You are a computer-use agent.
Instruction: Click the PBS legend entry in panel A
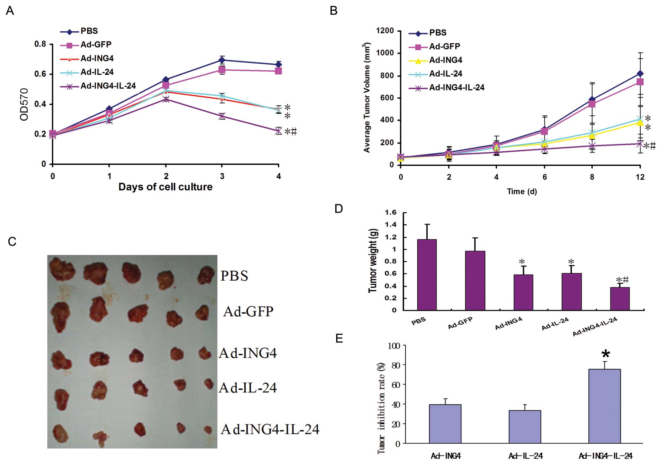[89, 31]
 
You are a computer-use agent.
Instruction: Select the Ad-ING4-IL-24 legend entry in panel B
[457, 88]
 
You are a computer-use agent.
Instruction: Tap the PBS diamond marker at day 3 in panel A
[222, 60]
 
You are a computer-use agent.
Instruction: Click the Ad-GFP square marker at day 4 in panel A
[278, 71]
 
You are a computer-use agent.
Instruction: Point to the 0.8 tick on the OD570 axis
[40, 44]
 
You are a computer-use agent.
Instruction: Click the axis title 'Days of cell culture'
[165, 187]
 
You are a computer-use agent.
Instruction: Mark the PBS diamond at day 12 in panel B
[640, 74]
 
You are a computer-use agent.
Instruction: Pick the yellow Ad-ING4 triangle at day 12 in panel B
[640, 123]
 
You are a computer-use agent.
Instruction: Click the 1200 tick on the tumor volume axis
[385, 31]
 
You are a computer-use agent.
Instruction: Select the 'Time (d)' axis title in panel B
[522, 191]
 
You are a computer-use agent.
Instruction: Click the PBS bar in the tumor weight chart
[427, 274]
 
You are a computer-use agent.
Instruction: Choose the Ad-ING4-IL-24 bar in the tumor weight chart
[620, 298]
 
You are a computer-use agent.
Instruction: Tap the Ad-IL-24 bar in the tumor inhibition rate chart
[525, 427]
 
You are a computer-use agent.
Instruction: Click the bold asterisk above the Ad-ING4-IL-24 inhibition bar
[605, 354]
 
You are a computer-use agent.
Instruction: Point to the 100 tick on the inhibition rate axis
[394, 346]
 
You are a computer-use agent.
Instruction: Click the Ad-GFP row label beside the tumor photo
[248, 311]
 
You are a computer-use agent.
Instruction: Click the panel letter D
[339, 209]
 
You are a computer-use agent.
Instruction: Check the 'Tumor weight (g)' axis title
[373, 261]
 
